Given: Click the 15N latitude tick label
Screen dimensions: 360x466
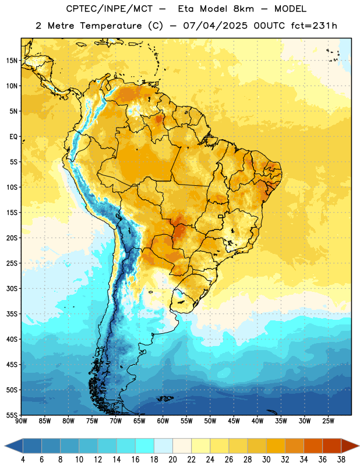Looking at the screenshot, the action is tap(11, 61).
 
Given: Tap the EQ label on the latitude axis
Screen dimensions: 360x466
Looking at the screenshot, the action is tap(13, 137).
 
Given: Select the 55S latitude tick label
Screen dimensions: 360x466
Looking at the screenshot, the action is tap(11, 415).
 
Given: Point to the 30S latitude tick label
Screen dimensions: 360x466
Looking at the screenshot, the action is tap(11, 288).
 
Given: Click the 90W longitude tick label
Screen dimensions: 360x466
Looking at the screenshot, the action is tap(21, 421).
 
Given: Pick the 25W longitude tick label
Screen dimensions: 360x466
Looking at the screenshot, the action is tap(328, 421).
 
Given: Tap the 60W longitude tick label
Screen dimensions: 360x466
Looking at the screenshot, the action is tap(163, 421).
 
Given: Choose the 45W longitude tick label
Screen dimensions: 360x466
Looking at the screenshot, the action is tap(234, 421).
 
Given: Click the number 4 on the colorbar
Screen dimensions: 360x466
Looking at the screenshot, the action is tap(23, 460).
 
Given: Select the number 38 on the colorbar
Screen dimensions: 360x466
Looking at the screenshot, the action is tap(341, 460).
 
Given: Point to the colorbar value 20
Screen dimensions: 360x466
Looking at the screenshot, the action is tap(172, 460).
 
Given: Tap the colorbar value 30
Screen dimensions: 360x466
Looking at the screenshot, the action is tap(266, 460).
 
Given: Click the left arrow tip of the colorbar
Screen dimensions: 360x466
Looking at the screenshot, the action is tap(5, 446).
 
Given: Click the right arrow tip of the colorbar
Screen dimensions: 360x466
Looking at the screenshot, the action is tap(359, 446).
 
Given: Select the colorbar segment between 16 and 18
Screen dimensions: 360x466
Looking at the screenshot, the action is tap(145, 446).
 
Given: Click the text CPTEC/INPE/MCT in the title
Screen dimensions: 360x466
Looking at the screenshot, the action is tap(109, 9).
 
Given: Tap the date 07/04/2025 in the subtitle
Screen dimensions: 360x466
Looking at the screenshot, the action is tap(215, 26).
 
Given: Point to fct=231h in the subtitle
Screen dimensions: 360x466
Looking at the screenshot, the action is tap(314, 26).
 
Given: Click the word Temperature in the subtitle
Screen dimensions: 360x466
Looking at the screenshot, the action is tap(111, 26).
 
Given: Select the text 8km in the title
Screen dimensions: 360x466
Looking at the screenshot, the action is tap(243, 9).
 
